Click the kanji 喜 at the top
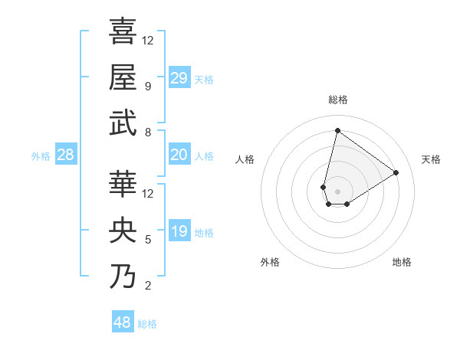tap(123, 31)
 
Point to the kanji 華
tap(123, 184)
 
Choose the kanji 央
tap(123, 229)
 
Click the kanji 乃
tap(123, 276)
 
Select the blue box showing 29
tap(179, 78)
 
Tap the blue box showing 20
tap(179, 155)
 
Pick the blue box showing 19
tap(179, 231)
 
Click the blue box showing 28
tap(65, 155)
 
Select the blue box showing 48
tap(123, 322)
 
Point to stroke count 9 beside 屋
tap(147, 87)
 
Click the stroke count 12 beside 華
tap(148, 194)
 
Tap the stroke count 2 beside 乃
tap(147, 286)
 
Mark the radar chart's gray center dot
tap(337, 190)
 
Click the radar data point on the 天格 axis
tap(396, 172)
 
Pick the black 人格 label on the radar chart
tap(245, 159)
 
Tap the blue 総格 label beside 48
tap(147, 324)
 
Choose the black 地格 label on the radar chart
tap(402, 262)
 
